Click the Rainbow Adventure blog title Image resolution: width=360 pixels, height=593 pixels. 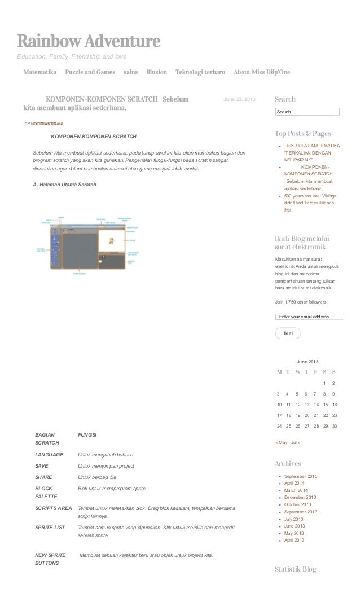point(89,42)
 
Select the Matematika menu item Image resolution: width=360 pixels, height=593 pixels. point(39,72)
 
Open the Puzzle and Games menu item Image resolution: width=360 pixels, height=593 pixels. point(90,72)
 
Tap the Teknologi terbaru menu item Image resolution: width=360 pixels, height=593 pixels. point(200,72)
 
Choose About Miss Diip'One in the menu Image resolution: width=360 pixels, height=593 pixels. point(262,72)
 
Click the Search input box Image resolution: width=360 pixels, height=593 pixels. point(307,112)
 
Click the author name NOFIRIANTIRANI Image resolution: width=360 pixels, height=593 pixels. point(47,123)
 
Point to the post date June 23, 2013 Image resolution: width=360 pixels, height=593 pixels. point(239,100)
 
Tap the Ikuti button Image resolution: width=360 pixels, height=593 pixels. point(288,333)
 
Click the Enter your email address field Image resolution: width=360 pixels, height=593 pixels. point(309,317)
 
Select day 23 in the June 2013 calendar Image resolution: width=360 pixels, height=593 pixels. point(334,415)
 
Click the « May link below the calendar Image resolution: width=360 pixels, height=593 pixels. point(281,442)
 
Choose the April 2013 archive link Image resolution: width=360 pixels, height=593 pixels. point(294,540)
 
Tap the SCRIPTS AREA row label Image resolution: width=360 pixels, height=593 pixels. point(54,508)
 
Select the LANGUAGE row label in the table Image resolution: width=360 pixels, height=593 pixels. point(49,454)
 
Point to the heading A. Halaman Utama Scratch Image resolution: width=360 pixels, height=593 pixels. point(64,185)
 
